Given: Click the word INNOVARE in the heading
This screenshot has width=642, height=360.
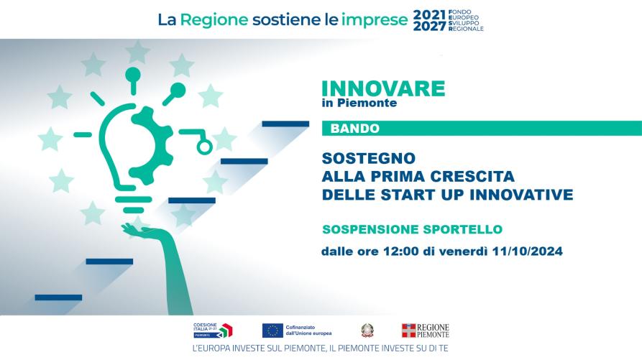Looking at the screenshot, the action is (x=383, y=89).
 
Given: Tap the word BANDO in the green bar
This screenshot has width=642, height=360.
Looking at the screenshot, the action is (x=355, y=129).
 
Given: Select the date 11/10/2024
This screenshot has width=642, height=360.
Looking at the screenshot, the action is (x=528, y=251).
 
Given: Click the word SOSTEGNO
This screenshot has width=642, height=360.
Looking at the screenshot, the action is (x=369, y=158).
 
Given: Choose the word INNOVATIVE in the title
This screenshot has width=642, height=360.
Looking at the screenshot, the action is (x=521, y=194).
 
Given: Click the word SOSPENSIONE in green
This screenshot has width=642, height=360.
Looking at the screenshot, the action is (x=370, y=229).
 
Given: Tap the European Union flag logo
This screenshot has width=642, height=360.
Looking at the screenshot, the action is (x=272, y=331).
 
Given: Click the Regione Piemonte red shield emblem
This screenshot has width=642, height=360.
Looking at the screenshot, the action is (x=408, y=331).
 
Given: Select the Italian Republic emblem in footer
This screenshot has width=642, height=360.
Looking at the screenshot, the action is (x=367, y=331).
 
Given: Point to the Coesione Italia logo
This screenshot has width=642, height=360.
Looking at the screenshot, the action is (x=213, y=331).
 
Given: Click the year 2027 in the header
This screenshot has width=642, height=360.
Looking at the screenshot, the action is (x=429, y=26).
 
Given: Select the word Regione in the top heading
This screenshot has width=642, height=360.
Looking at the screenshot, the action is (x=214, y=19).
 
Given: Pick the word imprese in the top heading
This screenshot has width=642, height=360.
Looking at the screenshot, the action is (x=375, y=20).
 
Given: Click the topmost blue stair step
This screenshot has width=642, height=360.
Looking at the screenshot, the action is (x=285, y=124).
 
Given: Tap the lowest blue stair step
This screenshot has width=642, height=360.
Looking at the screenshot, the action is (x=58, y=297).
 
